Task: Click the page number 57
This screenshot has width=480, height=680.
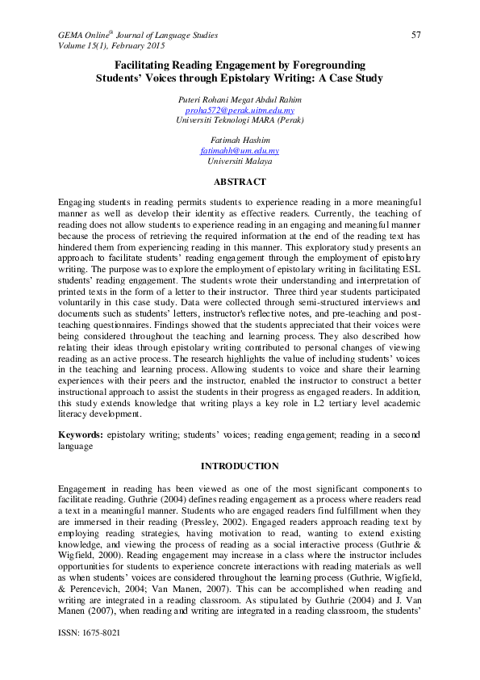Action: pos(416,35)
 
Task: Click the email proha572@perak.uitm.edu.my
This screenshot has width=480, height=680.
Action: pos(240,109)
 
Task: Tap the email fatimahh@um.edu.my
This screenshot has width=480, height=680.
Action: pos(240,151)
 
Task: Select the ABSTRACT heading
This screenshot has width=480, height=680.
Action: pos(240,182)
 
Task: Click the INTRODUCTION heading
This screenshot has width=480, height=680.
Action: pos(240,466)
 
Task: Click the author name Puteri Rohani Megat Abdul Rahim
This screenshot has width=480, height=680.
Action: pos(240,99)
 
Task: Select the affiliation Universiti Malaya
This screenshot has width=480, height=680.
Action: pos(240,162)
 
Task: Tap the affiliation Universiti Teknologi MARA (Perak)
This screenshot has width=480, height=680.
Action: pos(240,120)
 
